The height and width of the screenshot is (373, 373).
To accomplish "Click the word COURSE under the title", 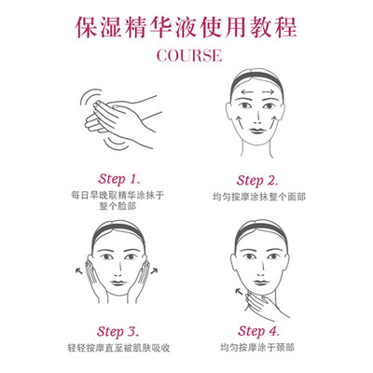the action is tap(189, 56).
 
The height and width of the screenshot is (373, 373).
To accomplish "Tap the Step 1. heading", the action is tap(119, 179).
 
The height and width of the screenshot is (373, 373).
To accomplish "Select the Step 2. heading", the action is tap(257, 181).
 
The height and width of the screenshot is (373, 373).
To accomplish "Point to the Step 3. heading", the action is tap(117, 332).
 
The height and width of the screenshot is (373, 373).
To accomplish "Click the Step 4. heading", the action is tap(258, 331).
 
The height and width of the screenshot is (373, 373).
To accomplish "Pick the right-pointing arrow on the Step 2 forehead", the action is tap(268, 92).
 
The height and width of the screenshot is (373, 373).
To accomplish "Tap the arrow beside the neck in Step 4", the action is tap(239, 292).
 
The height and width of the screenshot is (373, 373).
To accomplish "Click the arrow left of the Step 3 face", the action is tap(79, 271).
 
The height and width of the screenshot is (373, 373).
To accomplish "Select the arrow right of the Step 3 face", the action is tap(154, 271).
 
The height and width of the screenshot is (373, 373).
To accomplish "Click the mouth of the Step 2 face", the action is tap(257, 131).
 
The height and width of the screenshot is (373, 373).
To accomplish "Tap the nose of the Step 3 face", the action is tap(117, 269).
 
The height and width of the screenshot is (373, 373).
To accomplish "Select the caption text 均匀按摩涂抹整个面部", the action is tap(259, 197).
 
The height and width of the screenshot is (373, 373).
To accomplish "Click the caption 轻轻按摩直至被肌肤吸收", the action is tap(118, 348).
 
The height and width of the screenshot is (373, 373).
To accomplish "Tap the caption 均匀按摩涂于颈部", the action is tap(257, 348).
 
